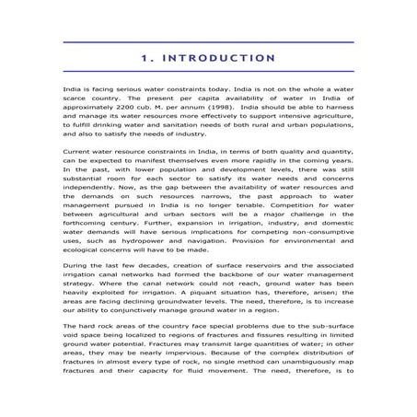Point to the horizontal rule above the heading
click(208, 41)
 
